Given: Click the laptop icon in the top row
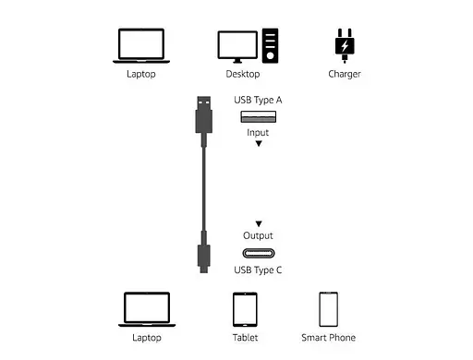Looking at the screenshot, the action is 141,44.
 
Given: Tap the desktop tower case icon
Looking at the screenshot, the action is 270,44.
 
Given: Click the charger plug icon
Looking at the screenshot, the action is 344,43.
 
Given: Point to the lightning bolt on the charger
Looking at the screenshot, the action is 344,45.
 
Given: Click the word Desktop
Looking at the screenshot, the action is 243,74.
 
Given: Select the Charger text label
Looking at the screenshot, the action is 344,74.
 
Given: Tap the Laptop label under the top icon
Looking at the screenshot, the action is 141,74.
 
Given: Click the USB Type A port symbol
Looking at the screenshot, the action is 259,116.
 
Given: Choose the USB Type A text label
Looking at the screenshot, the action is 259,99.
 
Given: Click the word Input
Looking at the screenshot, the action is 259,132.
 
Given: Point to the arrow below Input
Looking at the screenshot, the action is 259,144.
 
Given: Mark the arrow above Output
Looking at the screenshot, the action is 259,223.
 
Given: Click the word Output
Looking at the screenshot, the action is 259,236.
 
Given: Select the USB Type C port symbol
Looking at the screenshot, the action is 259,253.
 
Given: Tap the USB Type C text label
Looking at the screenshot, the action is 259,270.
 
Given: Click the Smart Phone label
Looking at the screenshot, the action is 328,338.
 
